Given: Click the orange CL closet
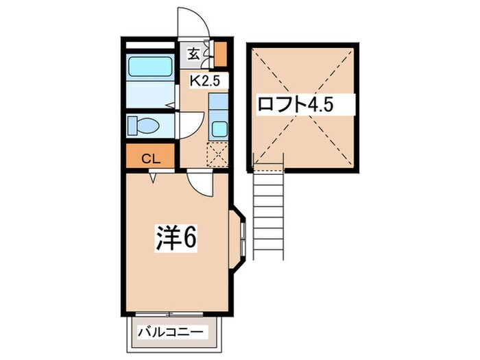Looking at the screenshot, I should (x=150, y=158).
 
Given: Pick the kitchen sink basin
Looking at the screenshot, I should (x=219, y=128).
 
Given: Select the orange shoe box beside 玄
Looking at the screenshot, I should (x=220, y=52).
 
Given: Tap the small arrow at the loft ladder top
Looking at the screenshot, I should (x=255, y=163).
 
